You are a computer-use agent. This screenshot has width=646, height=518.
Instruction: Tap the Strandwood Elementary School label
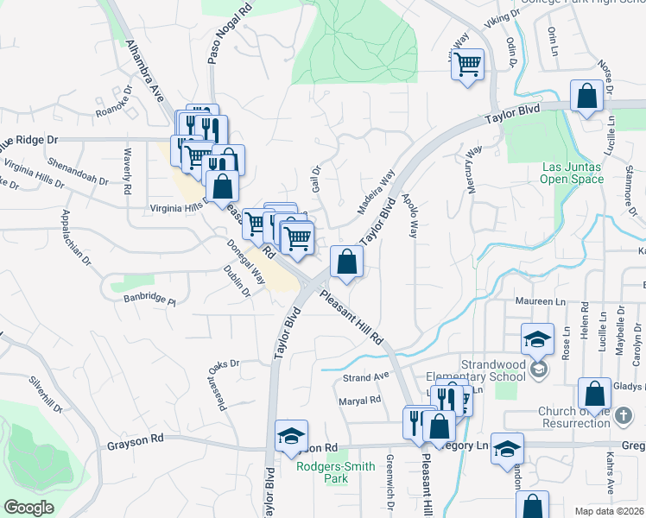[x=481, y=370]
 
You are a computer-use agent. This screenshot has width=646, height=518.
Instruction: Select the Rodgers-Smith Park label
[x=336, y=473]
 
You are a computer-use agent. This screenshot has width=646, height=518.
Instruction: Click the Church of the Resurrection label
[x=587, y=417]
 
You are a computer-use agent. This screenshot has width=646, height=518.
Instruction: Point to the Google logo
[x=28, y=508]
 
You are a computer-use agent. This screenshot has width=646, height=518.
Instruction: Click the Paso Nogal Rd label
[x=217, y=33]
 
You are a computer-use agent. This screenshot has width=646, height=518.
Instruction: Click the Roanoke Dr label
[x=117, y=110]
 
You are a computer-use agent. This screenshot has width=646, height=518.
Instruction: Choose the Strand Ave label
[x=366, y=377]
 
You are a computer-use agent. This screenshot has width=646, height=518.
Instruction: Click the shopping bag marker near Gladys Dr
[x=594, y=394]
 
